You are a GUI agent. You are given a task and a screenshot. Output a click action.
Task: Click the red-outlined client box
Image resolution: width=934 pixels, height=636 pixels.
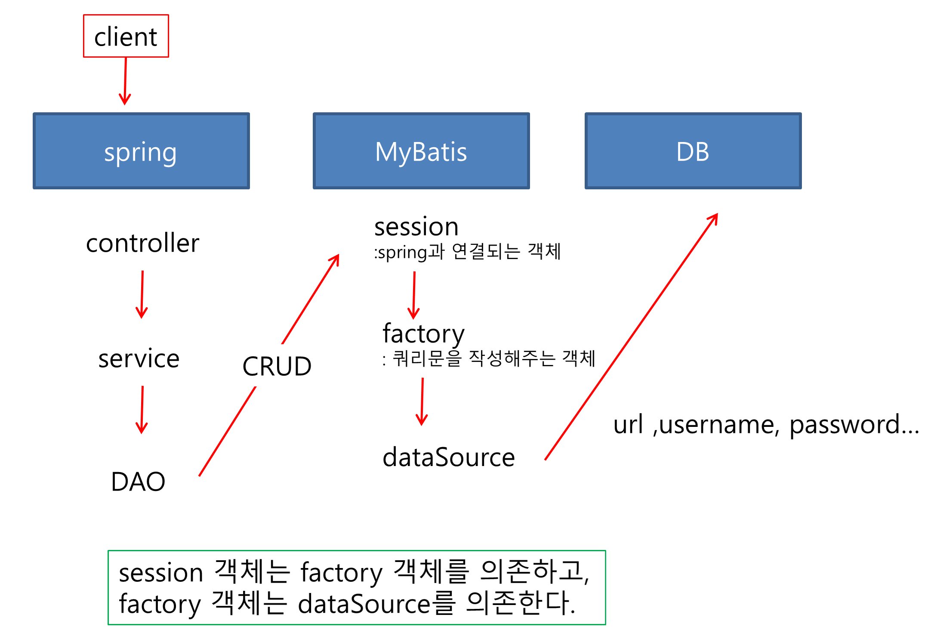126,36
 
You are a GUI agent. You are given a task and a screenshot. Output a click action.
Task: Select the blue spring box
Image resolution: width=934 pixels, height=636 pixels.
141,151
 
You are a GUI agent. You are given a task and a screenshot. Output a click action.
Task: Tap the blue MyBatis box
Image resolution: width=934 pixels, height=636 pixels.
421,151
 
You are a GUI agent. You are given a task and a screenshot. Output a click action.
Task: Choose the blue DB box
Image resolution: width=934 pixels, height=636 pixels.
693,151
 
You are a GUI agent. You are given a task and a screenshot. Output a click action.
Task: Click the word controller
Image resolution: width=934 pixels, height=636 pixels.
142,243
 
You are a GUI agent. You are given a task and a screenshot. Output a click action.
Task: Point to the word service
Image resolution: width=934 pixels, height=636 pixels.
139,358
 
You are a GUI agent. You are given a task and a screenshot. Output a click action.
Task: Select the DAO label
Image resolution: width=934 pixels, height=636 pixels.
138,481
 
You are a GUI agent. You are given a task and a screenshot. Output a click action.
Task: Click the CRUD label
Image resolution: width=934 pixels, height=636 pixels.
277,366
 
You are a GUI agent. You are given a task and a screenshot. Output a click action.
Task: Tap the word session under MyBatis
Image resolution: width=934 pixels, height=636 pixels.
416,227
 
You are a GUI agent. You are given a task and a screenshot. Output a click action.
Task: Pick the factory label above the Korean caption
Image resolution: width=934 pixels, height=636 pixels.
424,333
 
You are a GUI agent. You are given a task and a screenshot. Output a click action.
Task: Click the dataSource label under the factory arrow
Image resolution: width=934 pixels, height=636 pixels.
449,457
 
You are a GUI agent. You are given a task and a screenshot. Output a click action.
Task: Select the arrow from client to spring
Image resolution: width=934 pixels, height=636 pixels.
125,81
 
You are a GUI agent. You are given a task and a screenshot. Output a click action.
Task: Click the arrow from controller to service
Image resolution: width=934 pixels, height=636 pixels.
142,295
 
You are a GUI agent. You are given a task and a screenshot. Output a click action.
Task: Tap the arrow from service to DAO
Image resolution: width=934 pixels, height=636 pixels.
142,410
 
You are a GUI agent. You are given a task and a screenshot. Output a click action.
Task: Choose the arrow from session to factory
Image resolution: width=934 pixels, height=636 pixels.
414,296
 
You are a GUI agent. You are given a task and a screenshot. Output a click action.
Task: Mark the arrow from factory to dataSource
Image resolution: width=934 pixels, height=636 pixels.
422,402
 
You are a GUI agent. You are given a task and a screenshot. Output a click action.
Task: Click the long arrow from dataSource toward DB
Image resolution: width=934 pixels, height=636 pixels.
631,337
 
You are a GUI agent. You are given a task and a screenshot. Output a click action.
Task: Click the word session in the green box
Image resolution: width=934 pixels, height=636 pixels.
161,573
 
